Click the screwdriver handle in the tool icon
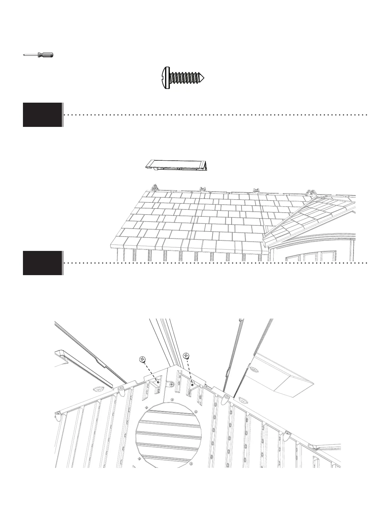point(45,55)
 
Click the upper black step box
point(42,114)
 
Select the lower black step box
point(42,263)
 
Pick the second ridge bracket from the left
point(202,190)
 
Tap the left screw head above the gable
point(142,359)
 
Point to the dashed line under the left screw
point(150,371)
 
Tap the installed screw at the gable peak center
point(172,385)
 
